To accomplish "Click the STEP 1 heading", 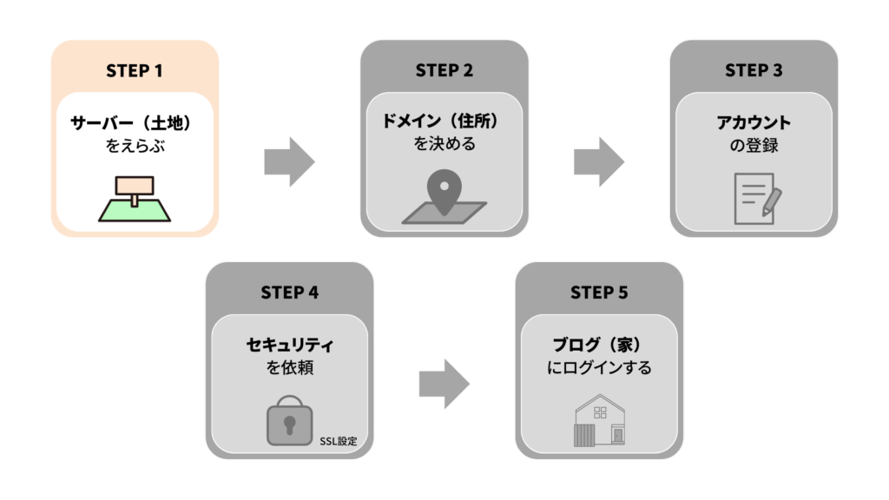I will tap(135, 71).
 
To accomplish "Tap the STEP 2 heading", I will tap(444, 71).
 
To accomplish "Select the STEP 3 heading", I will tap(754, 71).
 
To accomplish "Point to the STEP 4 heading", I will tap(289, 293).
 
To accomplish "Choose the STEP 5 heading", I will tap(599, 293).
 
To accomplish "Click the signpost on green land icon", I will tap(134, 199).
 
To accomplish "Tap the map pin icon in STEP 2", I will tap(444, 197).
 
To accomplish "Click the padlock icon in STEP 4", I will tap(288, 420).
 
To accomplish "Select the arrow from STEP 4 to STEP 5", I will tap(444, 383).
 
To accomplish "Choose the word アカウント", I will tap(754, 122).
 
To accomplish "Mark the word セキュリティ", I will tap(289, 345).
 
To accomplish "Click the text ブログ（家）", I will tap(599, 345).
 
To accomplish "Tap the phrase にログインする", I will tap(599, 368).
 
